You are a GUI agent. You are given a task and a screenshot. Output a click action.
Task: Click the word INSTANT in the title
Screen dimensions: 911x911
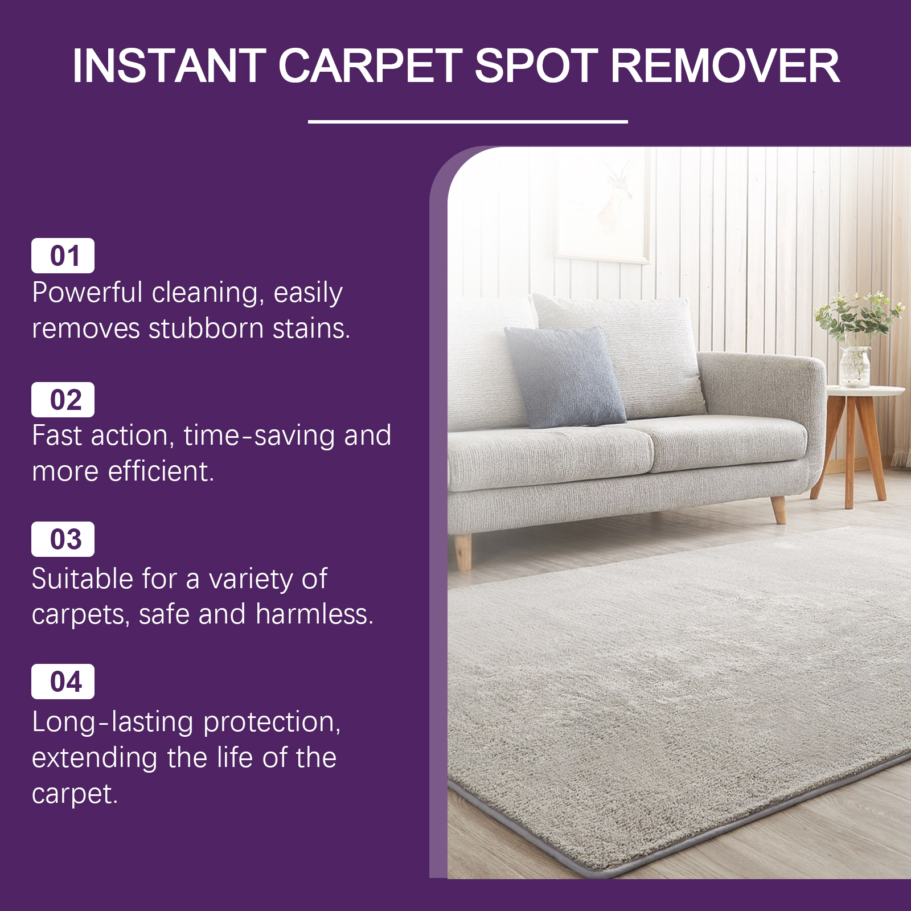[x=170, y=65]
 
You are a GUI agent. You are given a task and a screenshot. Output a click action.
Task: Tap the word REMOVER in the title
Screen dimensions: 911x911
[x=725, y=65]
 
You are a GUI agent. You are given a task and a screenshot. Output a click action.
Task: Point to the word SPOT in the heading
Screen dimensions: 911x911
[x=536, y=65]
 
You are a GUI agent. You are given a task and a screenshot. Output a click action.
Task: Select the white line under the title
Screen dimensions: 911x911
[x=467, y=121]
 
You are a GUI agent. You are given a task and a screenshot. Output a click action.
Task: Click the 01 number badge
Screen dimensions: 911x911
[x=63, y=256]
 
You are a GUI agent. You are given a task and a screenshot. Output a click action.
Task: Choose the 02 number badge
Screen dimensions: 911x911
[x=63, y=400]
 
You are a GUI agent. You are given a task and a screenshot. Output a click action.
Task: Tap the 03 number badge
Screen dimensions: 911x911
[x=63, y=539]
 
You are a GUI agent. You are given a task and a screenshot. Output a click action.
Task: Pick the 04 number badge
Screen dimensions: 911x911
[x=63, y=682]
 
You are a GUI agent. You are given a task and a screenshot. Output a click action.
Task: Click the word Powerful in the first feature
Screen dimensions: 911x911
[x=87, y=292]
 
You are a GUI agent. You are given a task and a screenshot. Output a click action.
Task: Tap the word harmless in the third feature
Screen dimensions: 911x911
[x=314, y=614]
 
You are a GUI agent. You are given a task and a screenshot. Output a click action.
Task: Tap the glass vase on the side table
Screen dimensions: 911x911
[x=855, y=367]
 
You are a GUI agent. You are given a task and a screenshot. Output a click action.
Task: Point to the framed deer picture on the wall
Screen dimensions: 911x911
[x=603, y=205]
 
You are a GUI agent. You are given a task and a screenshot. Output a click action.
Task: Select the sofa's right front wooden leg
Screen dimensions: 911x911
[x=778, y=509]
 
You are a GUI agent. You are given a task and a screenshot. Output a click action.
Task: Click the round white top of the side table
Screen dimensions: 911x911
[x=865, y=391]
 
